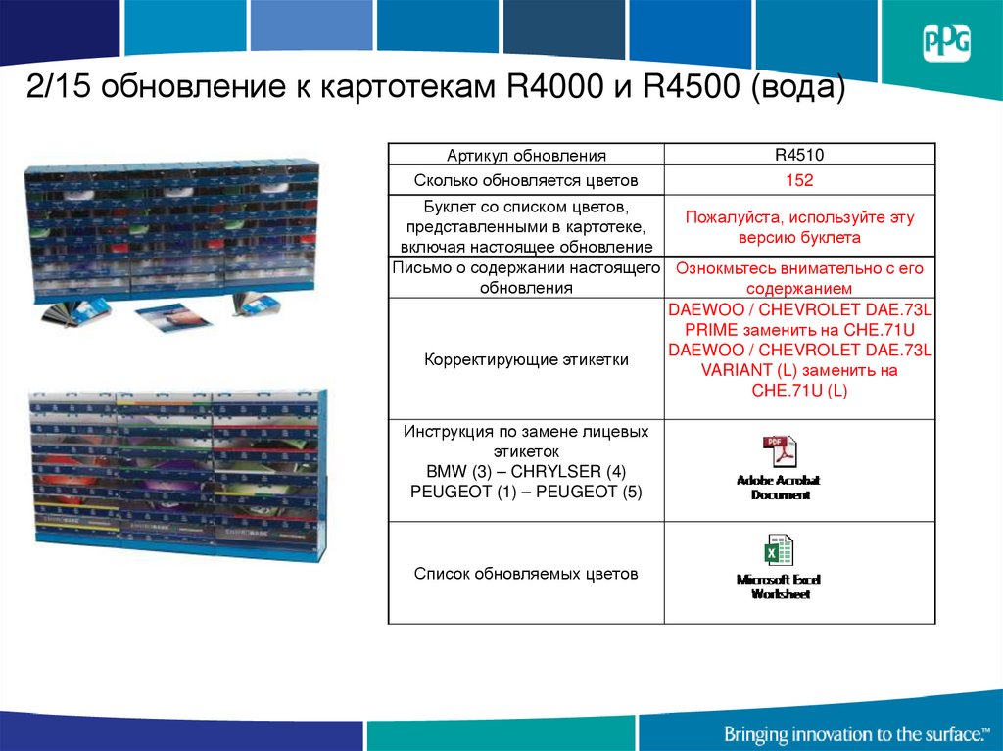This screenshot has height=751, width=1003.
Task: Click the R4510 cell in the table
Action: (x=799, y=154)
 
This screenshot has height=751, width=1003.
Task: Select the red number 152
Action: (x=799, y=180)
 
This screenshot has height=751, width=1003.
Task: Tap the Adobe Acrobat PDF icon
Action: (x=780, y=452)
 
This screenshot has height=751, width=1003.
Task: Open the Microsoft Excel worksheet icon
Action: (x=779, y=551)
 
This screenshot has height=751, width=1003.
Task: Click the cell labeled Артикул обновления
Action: (x=526, y=155)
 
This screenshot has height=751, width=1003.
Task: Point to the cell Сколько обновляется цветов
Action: (x=526, y=180)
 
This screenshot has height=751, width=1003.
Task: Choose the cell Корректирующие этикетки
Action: (x=526, y=359)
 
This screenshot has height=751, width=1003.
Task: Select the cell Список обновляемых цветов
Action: (x=526, y=573)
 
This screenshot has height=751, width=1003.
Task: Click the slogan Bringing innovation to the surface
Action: (x=853, y=733)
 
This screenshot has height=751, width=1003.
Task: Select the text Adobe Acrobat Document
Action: (x=779, y=488)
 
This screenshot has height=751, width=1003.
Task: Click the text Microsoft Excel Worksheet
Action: (x=779, y=587)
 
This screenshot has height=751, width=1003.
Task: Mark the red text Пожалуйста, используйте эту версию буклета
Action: (x=799, y=227)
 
